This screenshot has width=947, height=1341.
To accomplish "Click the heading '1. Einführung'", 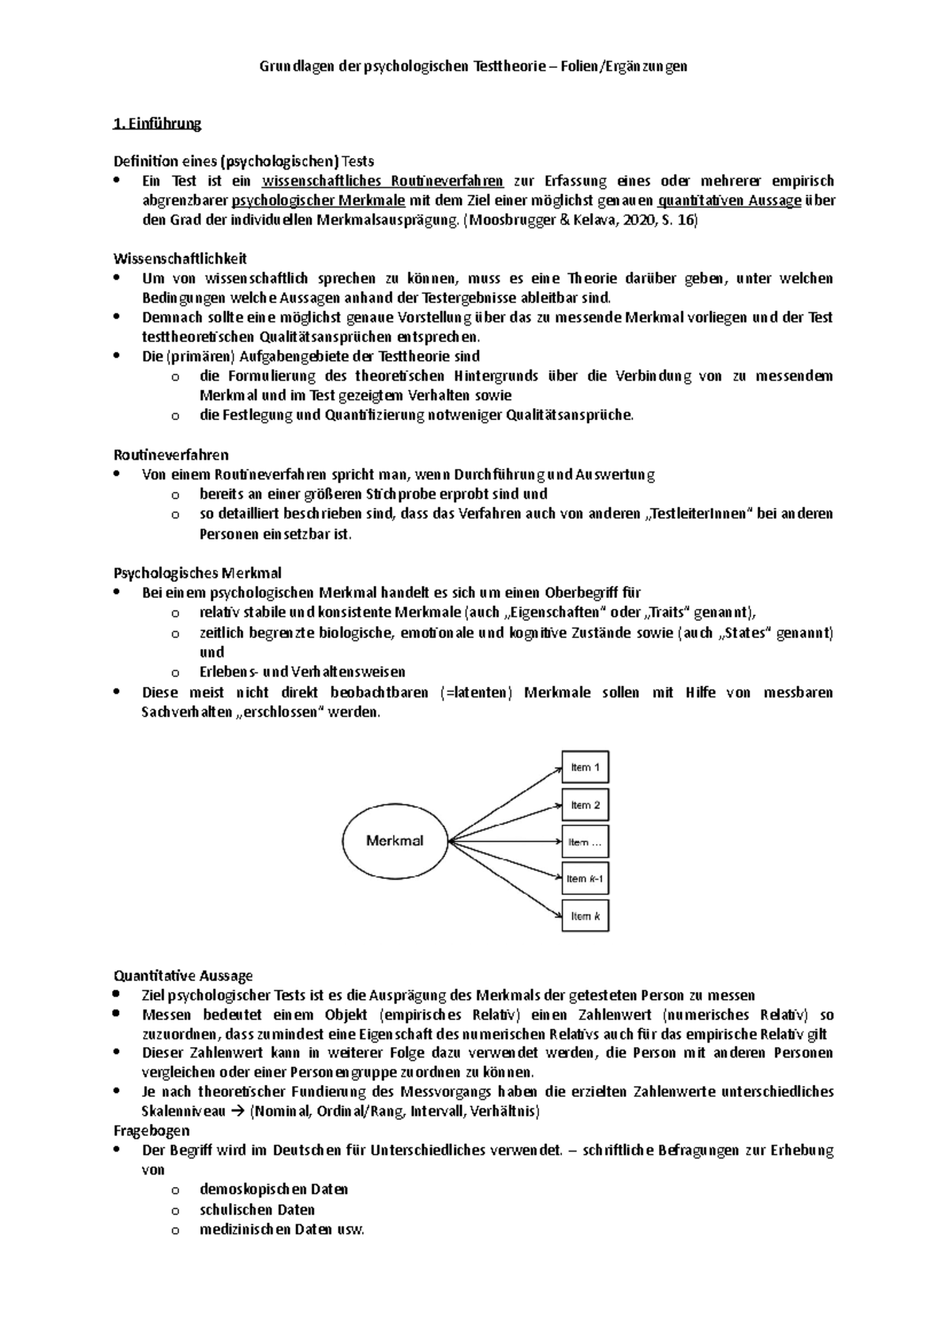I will coord(158,123).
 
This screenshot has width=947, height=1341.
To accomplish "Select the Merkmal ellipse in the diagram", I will coord(395,841).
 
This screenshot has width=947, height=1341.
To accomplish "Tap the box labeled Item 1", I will coord(585,768).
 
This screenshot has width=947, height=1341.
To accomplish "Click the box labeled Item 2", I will coord(585,805).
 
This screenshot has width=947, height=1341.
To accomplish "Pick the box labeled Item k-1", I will coord(585,878).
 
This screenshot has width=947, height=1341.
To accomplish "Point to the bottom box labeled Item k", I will coord(585,916).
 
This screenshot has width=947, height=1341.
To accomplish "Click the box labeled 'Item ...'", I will coord(585,842).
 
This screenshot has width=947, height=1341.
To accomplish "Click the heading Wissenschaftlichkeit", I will coord(180,258).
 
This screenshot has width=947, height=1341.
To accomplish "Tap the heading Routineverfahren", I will coord(171,455).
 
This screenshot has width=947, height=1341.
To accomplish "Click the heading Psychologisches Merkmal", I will coord(197,573).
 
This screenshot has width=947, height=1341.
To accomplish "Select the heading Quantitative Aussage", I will coord(183,976).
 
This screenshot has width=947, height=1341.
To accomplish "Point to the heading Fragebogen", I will coord(152,1131).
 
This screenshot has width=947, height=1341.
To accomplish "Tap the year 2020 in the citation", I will coord(638,221).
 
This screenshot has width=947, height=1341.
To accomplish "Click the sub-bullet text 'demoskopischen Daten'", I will coord(274,1189).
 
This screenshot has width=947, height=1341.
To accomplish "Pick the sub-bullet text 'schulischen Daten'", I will coord(257,1210).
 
